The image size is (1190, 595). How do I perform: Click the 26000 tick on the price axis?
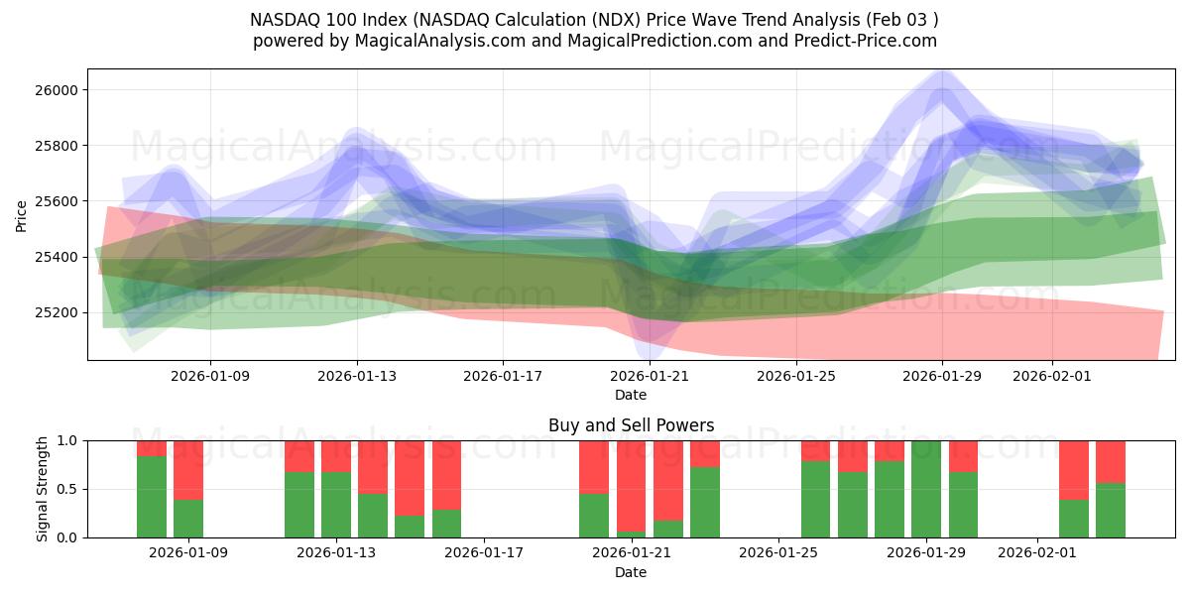[x=57, y=90]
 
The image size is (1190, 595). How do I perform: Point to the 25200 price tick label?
[x=57, y=312]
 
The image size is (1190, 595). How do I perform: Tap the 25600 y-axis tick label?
[x=57, y=201]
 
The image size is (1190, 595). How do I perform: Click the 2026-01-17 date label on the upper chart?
[x=503, y=376]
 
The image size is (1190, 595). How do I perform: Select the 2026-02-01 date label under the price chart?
[x=1052, y=376]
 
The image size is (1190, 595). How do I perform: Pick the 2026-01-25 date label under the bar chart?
[x=778, y=553]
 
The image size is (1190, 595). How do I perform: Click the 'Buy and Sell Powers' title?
[x=631, y=425]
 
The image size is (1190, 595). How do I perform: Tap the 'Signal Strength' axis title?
[x=42, y=489]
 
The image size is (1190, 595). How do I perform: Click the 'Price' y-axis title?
[x=22, y=215]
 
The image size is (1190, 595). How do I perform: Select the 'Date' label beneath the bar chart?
[x=631, y=572]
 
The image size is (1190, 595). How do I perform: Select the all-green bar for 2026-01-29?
[x=926, y=489]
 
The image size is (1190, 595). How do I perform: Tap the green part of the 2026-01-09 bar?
[x=188, y=519]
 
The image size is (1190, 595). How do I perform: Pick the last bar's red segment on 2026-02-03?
[x=1111, y=461]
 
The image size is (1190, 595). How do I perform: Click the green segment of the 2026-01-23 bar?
[x=705, y=503]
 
